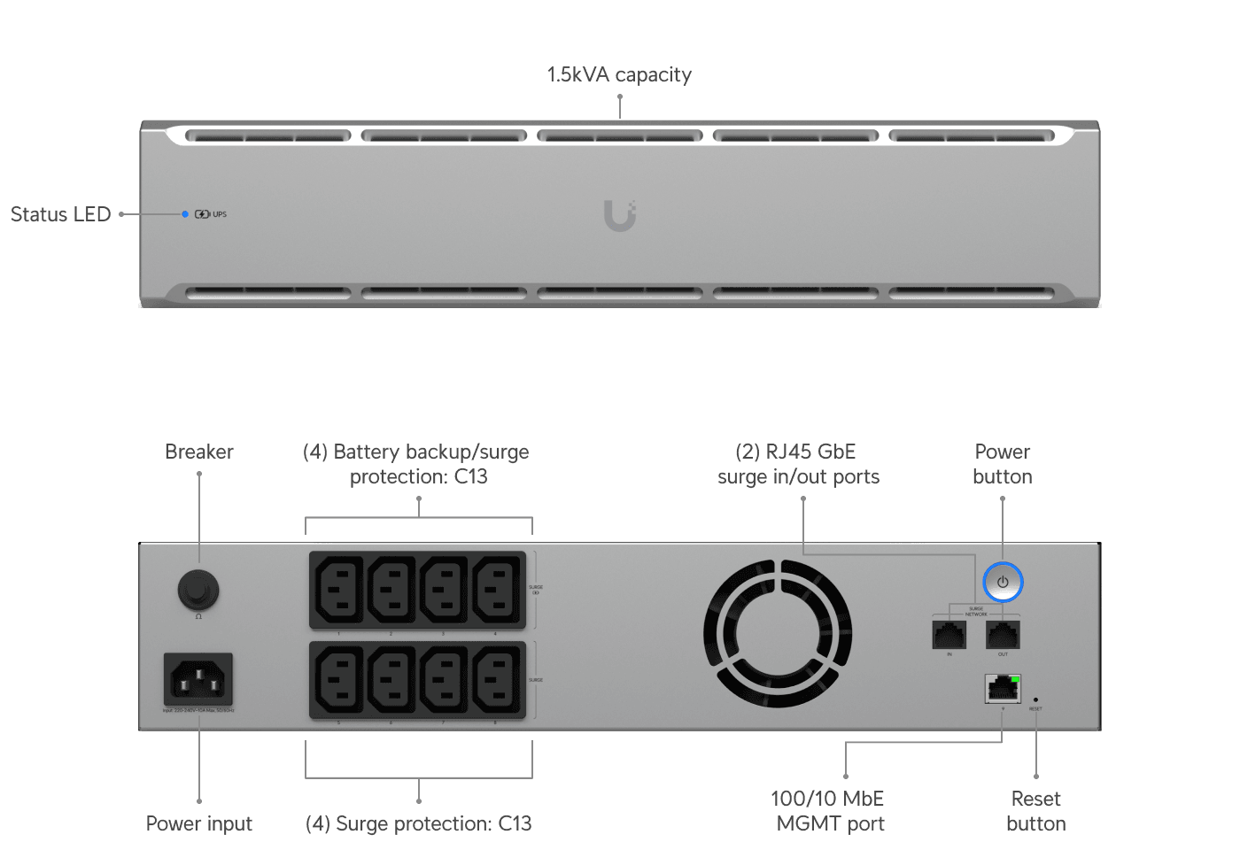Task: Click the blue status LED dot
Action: [x=185, y=214]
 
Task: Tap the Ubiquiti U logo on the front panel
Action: [x=620, y=215]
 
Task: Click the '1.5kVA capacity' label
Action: [x=618, y=74]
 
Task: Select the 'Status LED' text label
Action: [x=60, y=214]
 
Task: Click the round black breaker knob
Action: [x=198, y=589]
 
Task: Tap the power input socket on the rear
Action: [x=198, y=679]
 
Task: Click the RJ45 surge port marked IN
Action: [x=949, y=634]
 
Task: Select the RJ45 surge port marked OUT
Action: [x=1003, y=634]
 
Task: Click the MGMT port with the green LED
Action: [x=1003, y=688]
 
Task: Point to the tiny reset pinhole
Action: [x=1035, y=699]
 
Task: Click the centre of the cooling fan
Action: [x=778, y=633]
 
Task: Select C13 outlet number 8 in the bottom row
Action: [x=496, y=680]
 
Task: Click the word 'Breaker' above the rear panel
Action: [x=198, y=452]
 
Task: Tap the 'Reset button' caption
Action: [x=1036, y=811]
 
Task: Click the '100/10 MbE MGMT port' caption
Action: [x=829, y=811]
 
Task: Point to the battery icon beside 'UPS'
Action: [x=202, y=214]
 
